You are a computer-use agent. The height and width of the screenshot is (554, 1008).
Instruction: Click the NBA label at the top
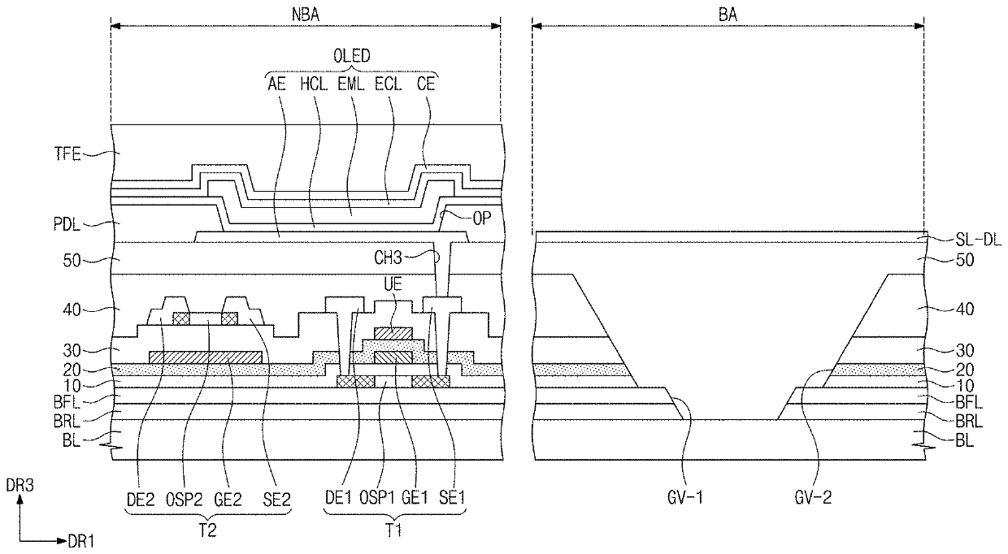pos(306,15)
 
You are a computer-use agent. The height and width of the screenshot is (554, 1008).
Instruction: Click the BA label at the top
pos(728,15)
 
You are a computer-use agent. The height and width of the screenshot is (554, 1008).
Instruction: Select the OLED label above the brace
pos(351,56)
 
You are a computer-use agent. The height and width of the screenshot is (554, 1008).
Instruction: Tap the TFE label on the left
pos(67,154)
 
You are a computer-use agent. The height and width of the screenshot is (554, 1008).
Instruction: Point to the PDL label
pos(67,224)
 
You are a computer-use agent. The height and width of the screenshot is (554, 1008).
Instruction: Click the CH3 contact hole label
pos(388,258)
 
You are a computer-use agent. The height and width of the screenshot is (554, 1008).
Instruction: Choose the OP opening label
pos(481,219)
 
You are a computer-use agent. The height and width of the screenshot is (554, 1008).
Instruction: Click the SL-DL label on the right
pos(978,240)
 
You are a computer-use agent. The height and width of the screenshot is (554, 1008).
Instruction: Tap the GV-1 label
pos(684,497)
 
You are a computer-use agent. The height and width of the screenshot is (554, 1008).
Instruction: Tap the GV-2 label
pos(813,497)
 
